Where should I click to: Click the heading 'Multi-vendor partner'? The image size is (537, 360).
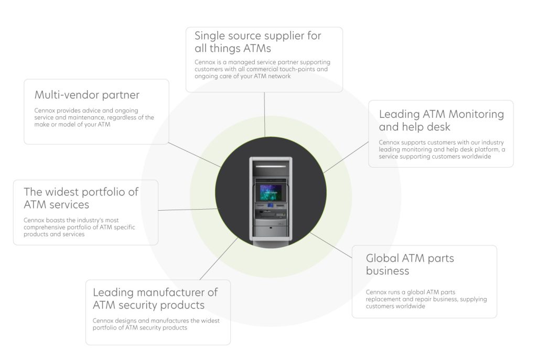click(87, 95)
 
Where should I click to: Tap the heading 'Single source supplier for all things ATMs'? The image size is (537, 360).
click(258, 42)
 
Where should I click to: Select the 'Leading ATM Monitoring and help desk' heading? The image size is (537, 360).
click(442, 120)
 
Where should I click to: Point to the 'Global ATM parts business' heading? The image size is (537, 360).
click(410, 264)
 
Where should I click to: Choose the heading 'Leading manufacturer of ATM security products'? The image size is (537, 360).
click(155, 298)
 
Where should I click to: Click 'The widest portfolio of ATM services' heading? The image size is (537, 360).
click(81, 198)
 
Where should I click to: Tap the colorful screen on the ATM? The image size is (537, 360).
click(271, 192)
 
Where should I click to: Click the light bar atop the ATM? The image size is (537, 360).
click(271, 166)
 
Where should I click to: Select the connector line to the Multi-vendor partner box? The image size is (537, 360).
click(195, 155)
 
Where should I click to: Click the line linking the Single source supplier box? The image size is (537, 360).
click(264, 114)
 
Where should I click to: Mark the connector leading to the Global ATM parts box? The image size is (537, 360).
click(331, 245)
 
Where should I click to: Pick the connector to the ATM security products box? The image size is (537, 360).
click(219, 258)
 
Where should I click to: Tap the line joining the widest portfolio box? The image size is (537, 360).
click(188, 210)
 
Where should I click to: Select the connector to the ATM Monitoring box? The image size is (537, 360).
click(346, 157)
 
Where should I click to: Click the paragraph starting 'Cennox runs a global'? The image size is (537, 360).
click(426, 299)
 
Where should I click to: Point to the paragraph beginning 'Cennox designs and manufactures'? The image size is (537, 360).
click(156, 324)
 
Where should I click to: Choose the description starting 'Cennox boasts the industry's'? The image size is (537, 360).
click(80, 227)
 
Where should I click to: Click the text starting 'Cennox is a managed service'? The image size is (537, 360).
click(263, 69)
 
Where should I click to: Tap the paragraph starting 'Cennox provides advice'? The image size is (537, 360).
click(94, 117)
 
